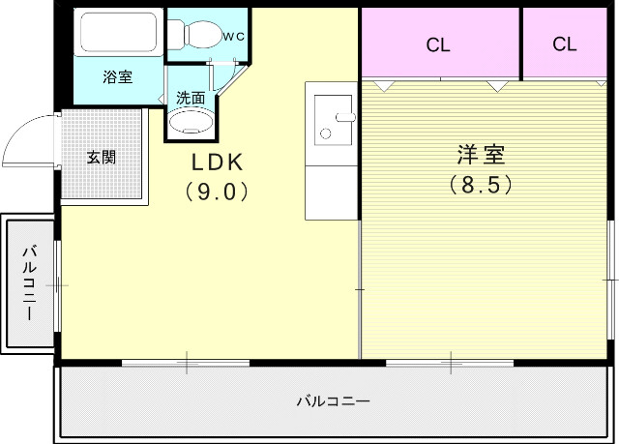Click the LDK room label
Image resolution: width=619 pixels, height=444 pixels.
216,162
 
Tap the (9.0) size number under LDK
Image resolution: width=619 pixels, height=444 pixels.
216,191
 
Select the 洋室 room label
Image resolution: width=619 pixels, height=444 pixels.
480,155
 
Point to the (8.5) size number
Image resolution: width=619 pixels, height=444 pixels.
480,183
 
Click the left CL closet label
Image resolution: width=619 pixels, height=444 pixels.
438,44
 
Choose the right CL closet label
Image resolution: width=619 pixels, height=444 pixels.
566,44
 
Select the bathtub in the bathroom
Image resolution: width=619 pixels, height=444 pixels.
119,35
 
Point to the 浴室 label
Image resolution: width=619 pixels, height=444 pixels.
118,77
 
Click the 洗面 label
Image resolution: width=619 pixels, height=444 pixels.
190,98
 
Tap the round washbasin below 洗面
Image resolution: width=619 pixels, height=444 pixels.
189,123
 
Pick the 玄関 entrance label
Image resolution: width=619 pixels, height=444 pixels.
101,157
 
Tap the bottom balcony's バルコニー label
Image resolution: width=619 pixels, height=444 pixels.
333,400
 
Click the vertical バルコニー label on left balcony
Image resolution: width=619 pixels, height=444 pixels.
29,284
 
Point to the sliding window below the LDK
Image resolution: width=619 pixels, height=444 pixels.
186,363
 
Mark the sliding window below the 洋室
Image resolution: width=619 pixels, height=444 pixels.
449,363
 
